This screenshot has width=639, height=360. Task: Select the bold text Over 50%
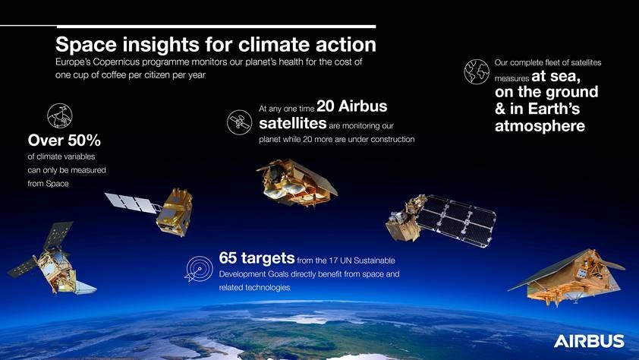click(x=64, y=141)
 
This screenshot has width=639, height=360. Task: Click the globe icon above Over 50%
click(x=59, y=115)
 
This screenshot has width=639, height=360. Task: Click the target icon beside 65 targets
click(x=198, y=268)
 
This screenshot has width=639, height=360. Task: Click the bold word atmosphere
click(x=540, y=126)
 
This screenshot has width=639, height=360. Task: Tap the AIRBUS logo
click(x=589, y=341)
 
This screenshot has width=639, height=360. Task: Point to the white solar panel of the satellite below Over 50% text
click(x=130, y=201)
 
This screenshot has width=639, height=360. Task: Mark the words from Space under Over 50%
click(x=48, y=185)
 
